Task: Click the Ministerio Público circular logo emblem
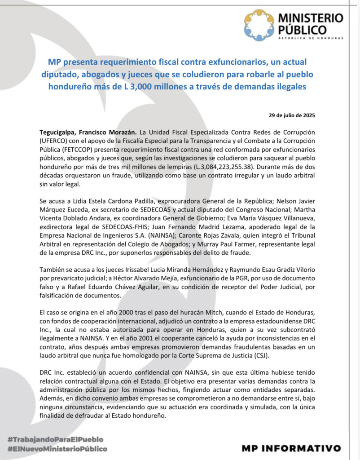[259, 25]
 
